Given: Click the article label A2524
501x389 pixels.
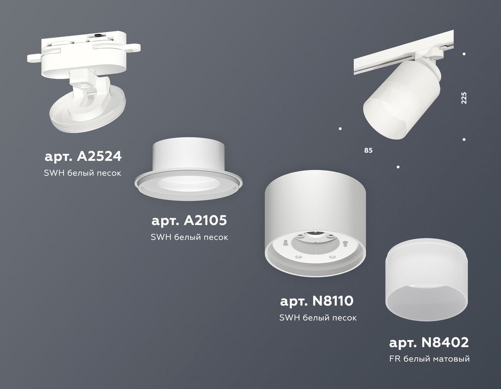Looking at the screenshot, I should click(x=83, y=156).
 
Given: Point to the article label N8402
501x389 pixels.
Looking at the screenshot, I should click(x=429, y=342).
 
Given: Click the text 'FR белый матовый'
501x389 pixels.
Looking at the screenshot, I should click(x=429, y=359).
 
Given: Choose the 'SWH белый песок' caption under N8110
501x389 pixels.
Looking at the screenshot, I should click(x=318, y=317).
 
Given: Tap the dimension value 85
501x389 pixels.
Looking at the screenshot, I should click(x=369, y=150).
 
